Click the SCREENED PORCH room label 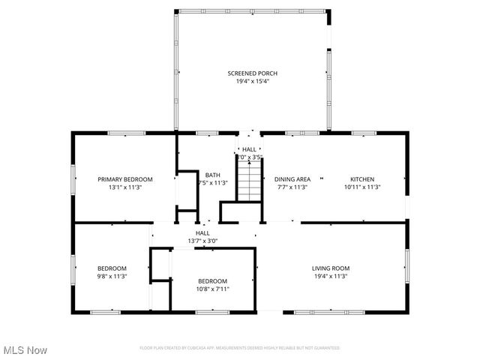[253, 73]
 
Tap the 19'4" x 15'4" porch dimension [253, 81]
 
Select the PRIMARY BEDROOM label [125, 179]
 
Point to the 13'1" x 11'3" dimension [125, 187]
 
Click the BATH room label [213, 174]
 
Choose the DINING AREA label [292, 179]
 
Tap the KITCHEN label [361, 179]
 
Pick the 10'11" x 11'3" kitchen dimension [361, 187]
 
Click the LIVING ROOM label [331, 268]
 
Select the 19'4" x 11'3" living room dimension [331, 276]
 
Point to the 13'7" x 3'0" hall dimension [202, 241]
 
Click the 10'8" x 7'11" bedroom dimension [212, 289]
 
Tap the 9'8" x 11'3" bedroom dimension [112, 276]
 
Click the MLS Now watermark [25, 350]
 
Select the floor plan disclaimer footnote [239, 348]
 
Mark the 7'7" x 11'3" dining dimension [292, 187]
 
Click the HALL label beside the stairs [249, 149]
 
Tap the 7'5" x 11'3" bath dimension [212, 182]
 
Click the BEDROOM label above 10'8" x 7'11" [212, 280]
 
